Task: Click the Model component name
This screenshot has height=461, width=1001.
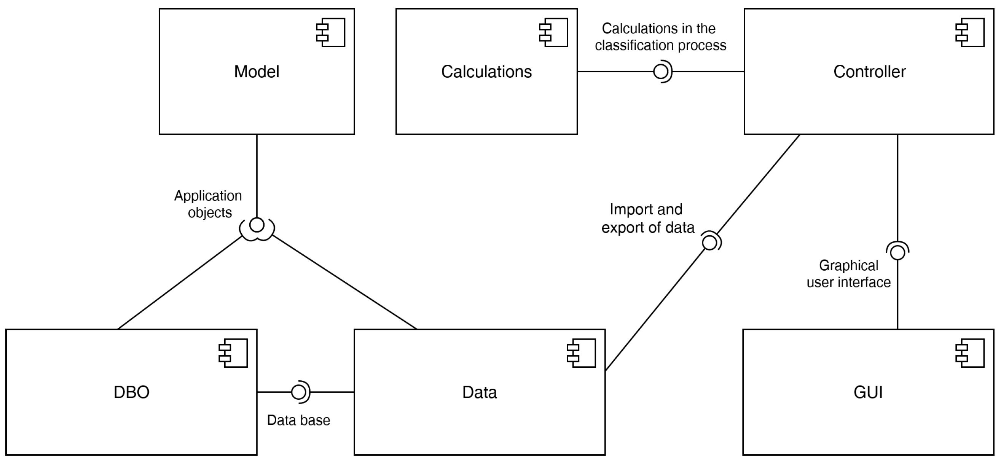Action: (257, 72)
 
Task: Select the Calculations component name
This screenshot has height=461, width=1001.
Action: (486, 72)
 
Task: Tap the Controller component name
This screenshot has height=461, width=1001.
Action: (869, 72)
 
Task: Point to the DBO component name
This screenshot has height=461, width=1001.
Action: (131, 392)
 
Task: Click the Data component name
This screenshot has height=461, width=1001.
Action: (479, 392)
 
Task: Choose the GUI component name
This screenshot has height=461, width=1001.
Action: (868, 392)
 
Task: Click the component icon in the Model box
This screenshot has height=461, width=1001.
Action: (331, 32)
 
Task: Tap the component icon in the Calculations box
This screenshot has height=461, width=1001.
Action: (554, 32)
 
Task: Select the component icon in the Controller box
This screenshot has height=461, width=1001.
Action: (970, 32)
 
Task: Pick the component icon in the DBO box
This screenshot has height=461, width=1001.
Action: (234, 353)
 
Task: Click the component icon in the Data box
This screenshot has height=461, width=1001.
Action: (582, 353)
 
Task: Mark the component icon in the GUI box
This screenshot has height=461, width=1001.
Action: (970, 353)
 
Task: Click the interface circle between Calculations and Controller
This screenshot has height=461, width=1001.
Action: (661, 72)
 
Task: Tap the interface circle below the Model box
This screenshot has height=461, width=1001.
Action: (257, 225)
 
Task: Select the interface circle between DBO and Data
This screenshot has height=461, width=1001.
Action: (298, 392)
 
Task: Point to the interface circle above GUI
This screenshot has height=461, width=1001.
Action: (897, 253)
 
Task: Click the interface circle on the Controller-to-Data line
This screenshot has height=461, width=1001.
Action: (709, 243)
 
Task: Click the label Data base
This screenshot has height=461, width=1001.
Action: (298, 420)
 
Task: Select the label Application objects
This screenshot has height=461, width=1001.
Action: (208, 204)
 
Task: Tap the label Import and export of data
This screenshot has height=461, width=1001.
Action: (647, 219)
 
